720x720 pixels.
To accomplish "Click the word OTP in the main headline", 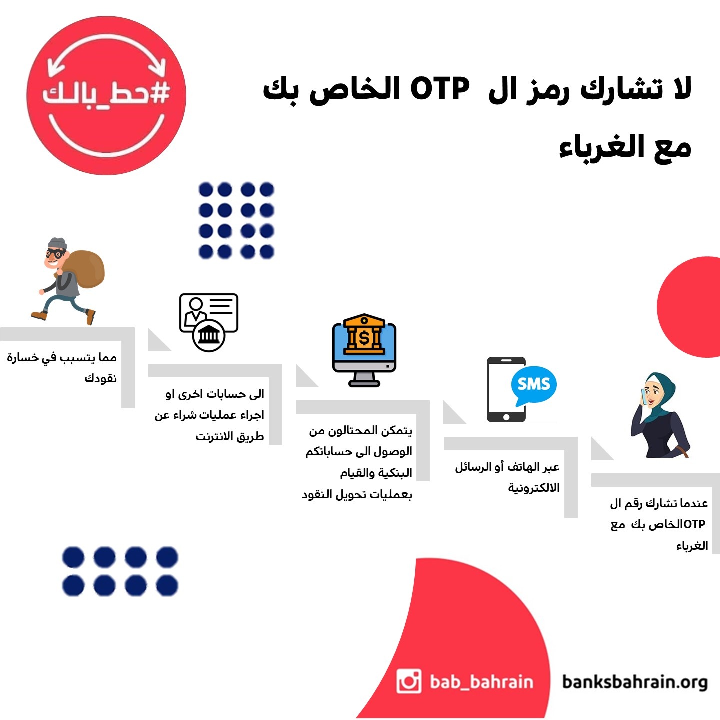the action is [440, 89].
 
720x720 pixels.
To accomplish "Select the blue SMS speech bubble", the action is [534, 385].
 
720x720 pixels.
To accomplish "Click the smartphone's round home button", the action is [506, 417].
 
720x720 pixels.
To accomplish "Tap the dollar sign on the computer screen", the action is [364, 338].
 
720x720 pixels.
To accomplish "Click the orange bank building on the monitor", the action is [364, 334].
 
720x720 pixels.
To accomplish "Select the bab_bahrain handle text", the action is [481, 682].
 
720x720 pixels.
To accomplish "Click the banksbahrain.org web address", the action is [635, 682].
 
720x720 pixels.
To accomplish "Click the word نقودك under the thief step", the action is [101, 378].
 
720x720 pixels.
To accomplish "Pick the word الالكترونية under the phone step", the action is [534, 487].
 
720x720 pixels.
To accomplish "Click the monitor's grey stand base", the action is [364, 382].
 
